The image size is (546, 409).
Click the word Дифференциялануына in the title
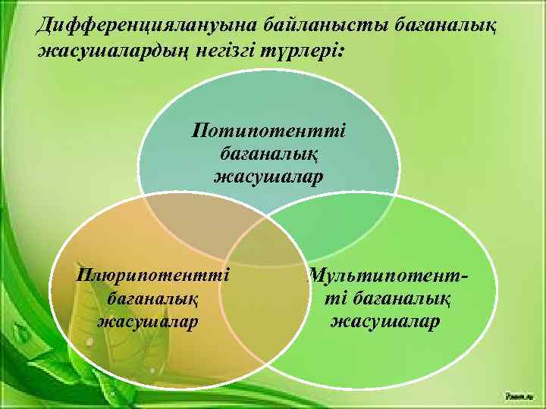point(129,27)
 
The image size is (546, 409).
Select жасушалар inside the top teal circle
point(268,176)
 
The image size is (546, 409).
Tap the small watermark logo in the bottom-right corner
point(520,395)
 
